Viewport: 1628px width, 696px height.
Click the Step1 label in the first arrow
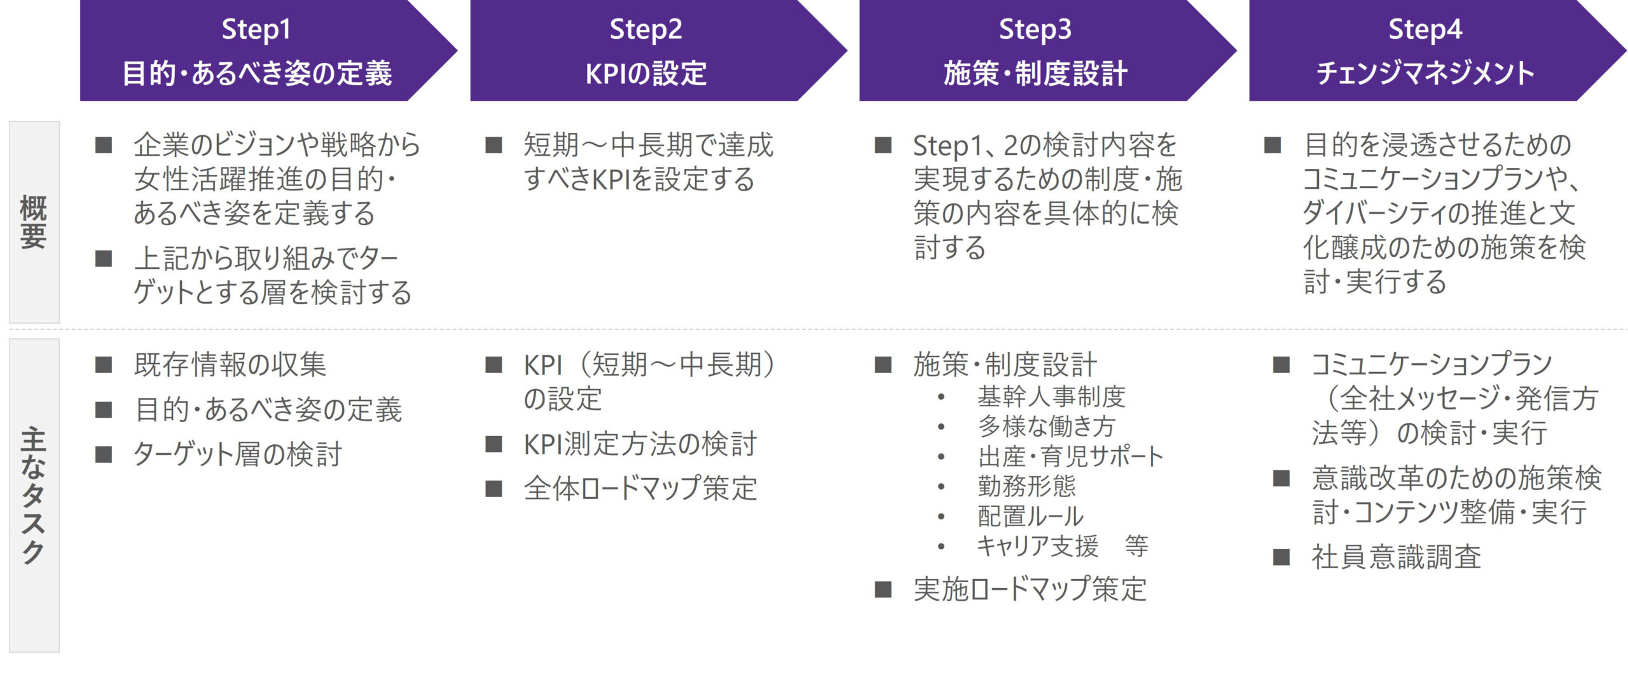pos(256,29)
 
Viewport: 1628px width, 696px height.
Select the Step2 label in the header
pos(645,29)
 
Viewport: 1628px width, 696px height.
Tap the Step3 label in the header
pos(1035,29)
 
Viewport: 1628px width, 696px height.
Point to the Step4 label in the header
pos(1424,29)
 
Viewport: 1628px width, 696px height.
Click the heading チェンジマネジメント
pos(1424,73)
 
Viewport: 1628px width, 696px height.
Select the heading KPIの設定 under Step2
pos(645,73)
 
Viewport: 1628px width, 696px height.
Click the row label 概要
pos(34,222)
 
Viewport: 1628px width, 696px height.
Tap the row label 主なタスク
pos(34,496)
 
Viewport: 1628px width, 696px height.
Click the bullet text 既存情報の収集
pos(230,365)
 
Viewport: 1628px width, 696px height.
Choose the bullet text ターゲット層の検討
pos(237,454)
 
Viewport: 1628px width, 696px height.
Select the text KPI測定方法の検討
pos(640,444)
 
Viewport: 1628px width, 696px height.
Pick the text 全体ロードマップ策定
pos(640,488)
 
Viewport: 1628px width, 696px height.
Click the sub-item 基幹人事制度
pos(1051,397)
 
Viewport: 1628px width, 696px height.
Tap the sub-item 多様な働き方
pos(1046,426)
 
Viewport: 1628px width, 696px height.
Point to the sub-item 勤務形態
pos(1026,486)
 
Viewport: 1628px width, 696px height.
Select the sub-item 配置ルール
pos(1030,516)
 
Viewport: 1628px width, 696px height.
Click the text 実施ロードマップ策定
pos(1030,589)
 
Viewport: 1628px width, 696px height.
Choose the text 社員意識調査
pos(1396,557)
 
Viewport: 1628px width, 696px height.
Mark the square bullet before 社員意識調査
pos(1281,557)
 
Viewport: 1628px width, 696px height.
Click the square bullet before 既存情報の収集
pos(104,365)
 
